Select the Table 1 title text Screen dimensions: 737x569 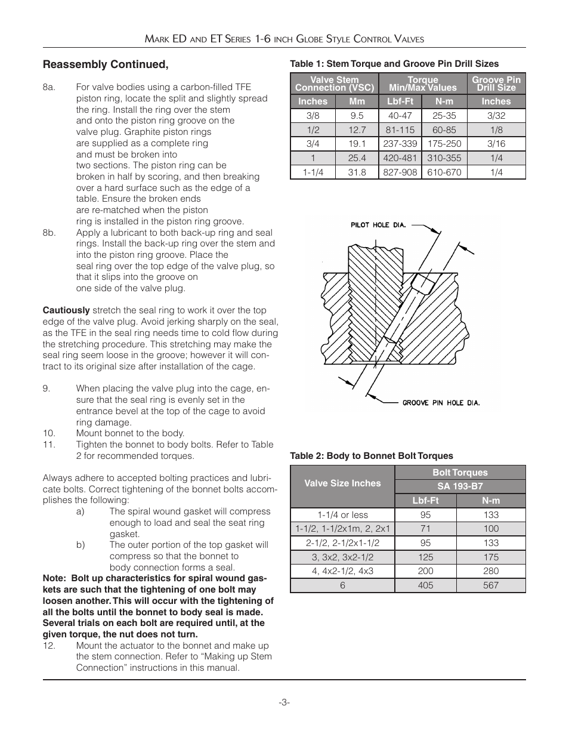tap(394, 64)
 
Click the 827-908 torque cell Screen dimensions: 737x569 tap(400, 172)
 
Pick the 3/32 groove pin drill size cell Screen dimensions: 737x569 tap(496, 115)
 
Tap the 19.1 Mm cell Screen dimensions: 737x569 tap(357, 144)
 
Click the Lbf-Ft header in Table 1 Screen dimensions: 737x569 tap(400, 101)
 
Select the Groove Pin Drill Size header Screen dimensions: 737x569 tap(496, 84)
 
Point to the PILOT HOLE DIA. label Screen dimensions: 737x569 tap(378, 225)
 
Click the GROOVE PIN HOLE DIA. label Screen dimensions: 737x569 tap(441, 403)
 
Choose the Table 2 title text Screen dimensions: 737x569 tap(372, 456)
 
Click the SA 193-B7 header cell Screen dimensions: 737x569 tap(460, 486)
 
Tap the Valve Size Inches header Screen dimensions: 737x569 tap(342, 483)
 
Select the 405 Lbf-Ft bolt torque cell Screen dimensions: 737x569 tap(425, 585)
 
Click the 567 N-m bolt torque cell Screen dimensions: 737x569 tap(491, 585)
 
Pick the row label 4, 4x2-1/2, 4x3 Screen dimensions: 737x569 tap(342, 571)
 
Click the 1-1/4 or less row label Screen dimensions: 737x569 tap(342, 515)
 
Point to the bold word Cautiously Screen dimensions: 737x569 tap(66, 310)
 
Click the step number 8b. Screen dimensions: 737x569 tap(49, 233)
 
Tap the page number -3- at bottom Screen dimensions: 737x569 tap(284, 702)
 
